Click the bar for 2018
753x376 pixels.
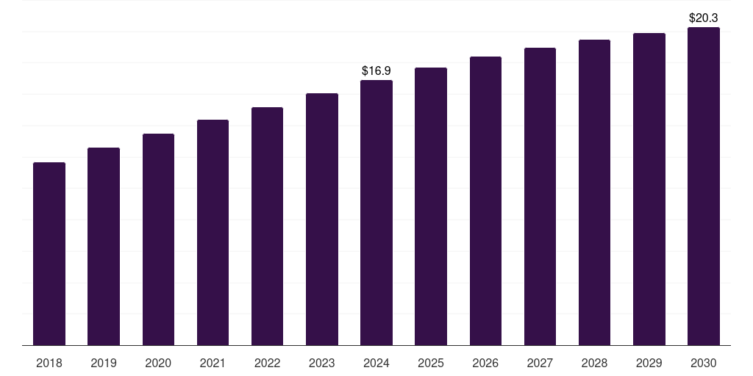tap(49, 253)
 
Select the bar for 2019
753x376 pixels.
tap(104, 247)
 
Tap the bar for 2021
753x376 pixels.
tap(213, 233)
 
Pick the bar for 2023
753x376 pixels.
tap(322, 219)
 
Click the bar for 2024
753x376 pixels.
tap(376, 213)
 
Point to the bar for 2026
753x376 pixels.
tap(485, 201)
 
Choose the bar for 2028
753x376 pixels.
tap(594, 192)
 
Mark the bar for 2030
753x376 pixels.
tap(704, 186)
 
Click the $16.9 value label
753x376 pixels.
tap(376, 71)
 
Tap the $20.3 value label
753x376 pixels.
tap(704, 18)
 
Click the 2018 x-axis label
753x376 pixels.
tap(49, 363)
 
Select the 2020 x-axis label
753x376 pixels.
tap(158, 363)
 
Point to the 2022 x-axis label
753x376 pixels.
tap(267, 363)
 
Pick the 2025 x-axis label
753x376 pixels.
tap(431, 363)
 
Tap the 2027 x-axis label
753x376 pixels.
tap(540, 363)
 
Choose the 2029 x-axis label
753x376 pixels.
tap(649, 363)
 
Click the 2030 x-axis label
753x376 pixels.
tap(704, 363)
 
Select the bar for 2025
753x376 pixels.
tap(431, 206)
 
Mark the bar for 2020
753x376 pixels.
tap(158, 240)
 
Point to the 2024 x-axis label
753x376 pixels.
tap(376, 363)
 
